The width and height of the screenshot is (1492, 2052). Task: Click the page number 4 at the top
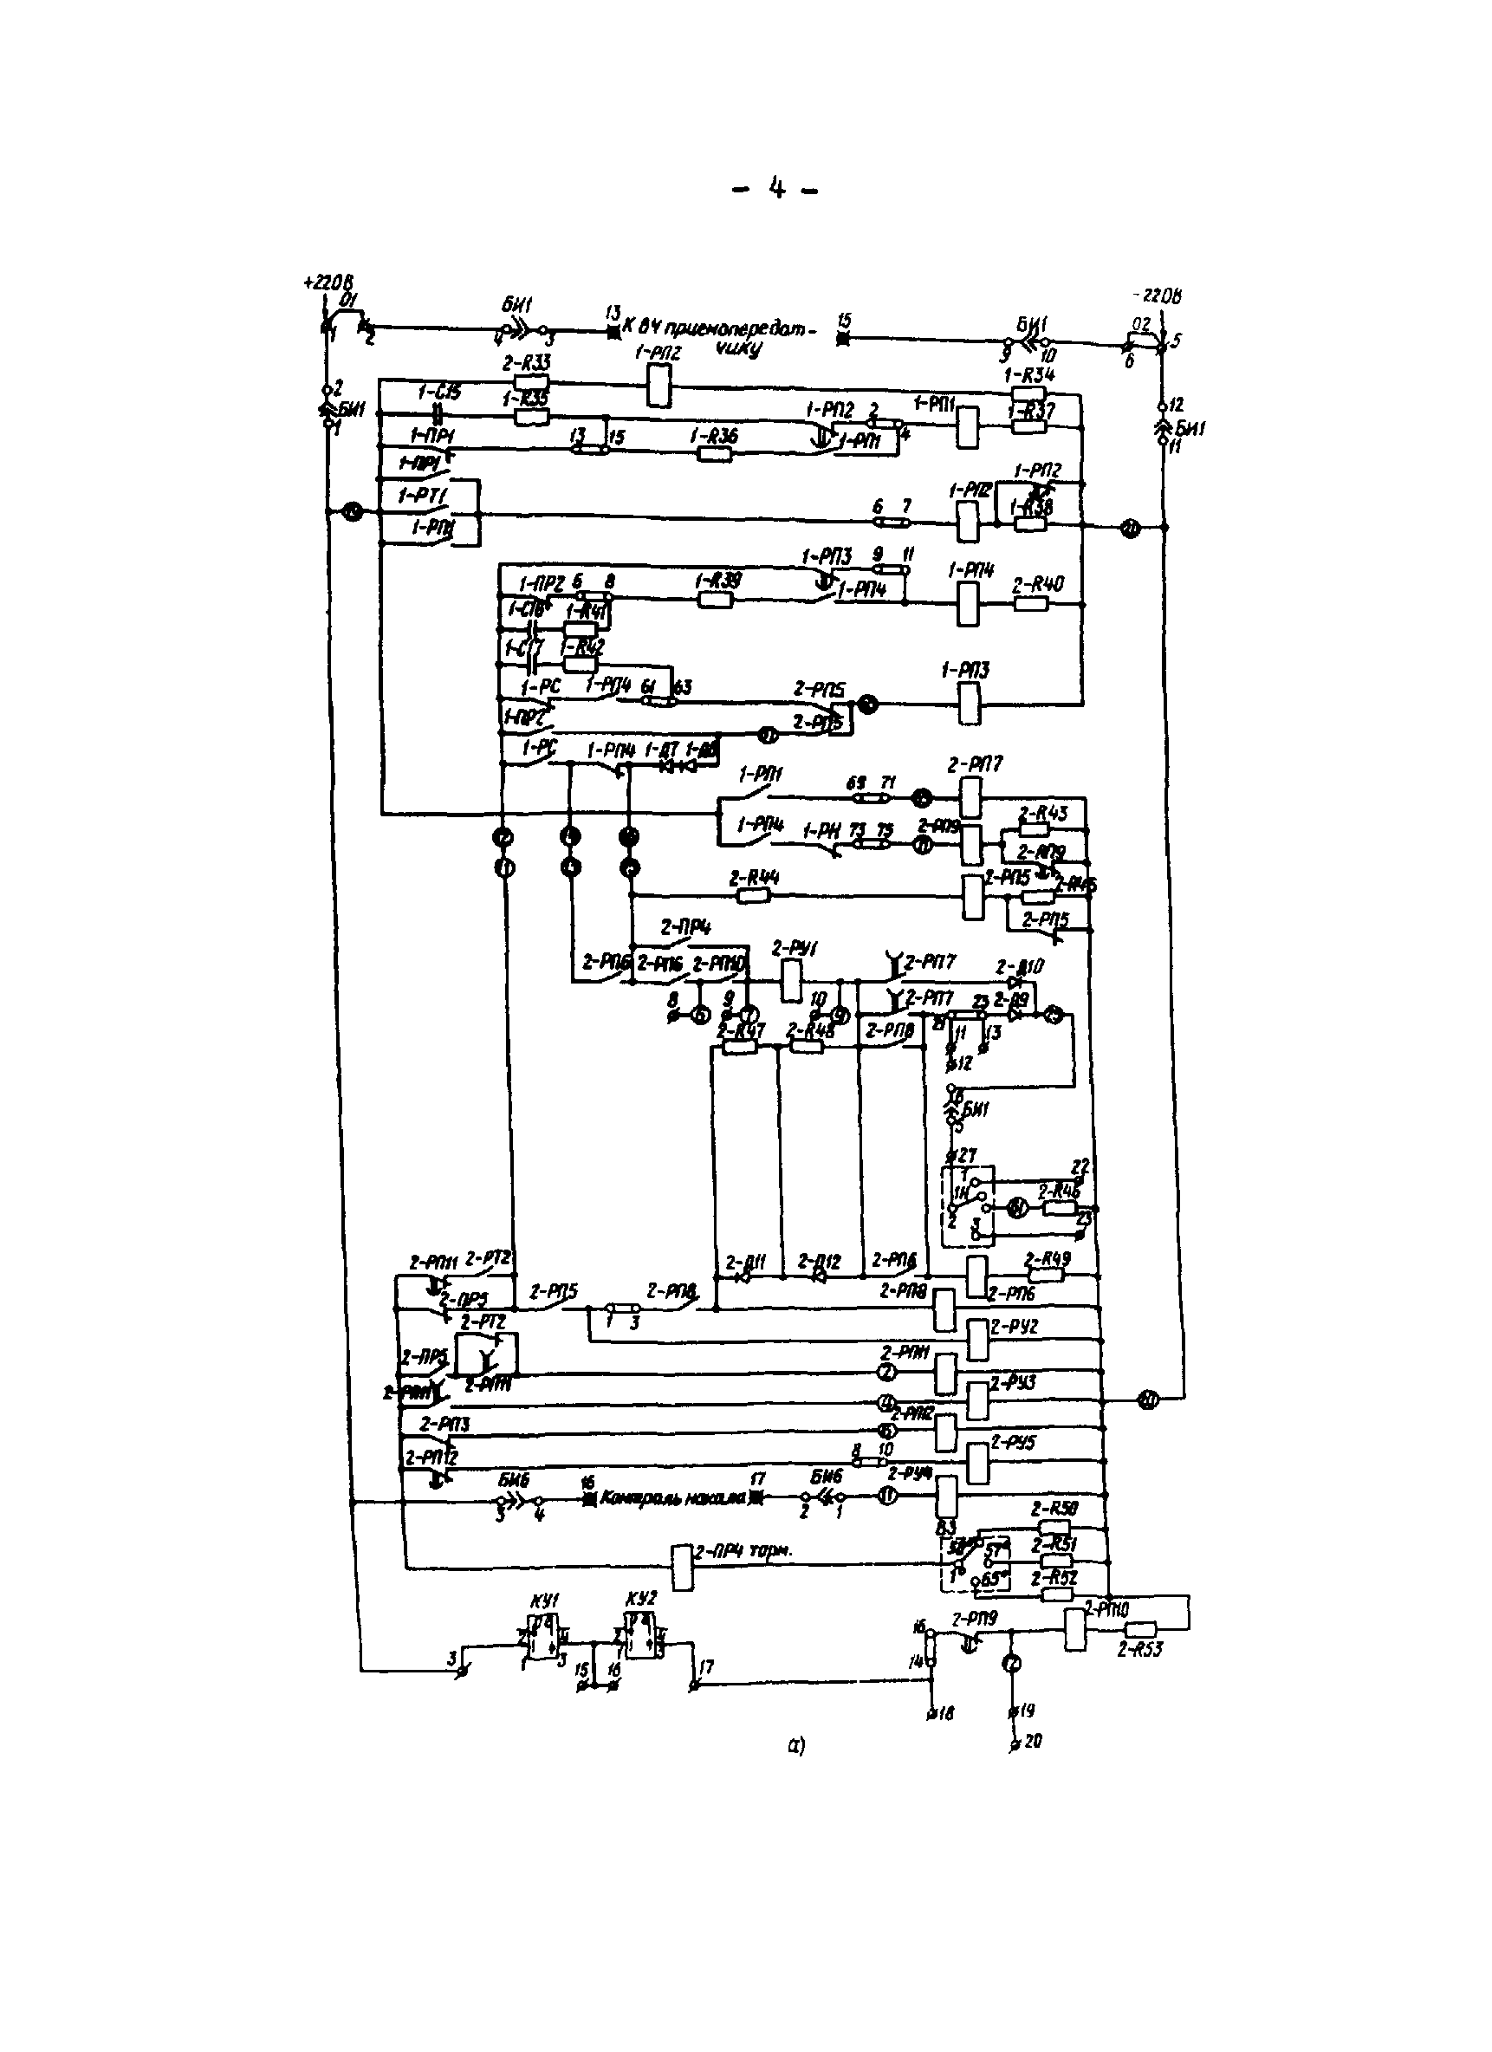[776, 188]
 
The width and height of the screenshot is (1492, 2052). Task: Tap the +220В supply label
[328, 282]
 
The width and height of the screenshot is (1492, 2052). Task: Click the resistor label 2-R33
[527, 363]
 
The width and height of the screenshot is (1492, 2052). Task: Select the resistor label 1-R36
[714, 436]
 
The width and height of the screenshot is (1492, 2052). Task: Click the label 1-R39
[717, 581]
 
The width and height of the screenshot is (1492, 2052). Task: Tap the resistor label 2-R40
[1038, 584]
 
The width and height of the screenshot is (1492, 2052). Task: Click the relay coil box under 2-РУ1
[790, 981]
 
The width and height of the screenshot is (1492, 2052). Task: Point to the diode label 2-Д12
[819, 1261]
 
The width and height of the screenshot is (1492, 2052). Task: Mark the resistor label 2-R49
[1047, 1258]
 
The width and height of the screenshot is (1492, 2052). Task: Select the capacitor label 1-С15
[440, 393]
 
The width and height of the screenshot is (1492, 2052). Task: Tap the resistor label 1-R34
[1029, 374]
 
